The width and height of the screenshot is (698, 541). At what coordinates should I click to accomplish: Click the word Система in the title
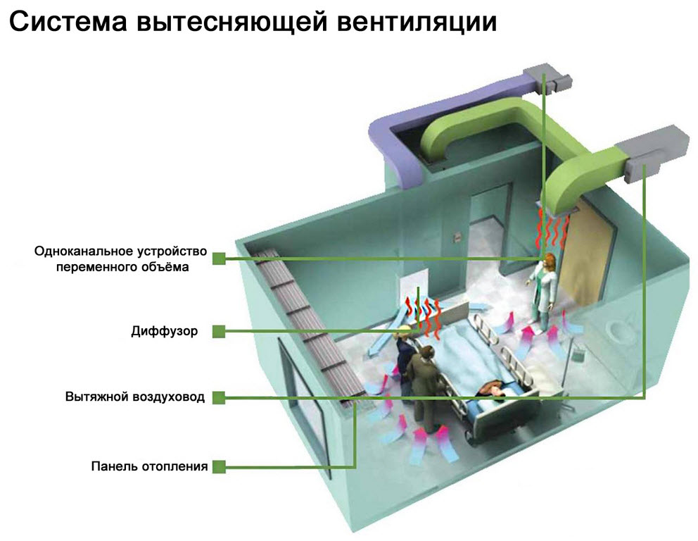point(68,21)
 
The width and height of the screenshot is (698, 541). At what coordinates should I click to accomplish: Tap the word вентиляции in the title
point(417,21)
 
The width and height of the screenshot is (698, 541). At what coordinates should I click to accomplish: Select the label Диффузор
point(164,331)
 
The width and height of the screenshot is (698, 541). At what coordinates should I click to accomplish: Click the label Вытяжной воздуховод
point(135,397)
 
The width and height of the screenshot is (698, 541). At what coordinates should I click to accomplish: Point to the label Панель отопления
point(149,466)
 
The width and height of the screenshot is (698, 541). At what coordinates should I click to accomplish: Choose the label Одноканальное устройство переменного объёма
point(120,259)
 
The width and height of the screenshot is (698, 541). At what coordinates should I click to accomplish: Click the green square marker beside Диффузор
point(219,332)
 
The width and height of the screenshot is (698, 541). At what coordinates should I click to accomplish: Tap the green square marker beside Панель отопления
point(219,466)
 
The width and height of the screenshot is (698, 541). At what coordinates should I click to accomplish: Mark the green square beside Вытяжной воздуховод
point(219,397)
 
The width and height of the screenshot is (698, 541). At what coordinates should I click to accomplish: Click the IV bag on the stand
point(578,357)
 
